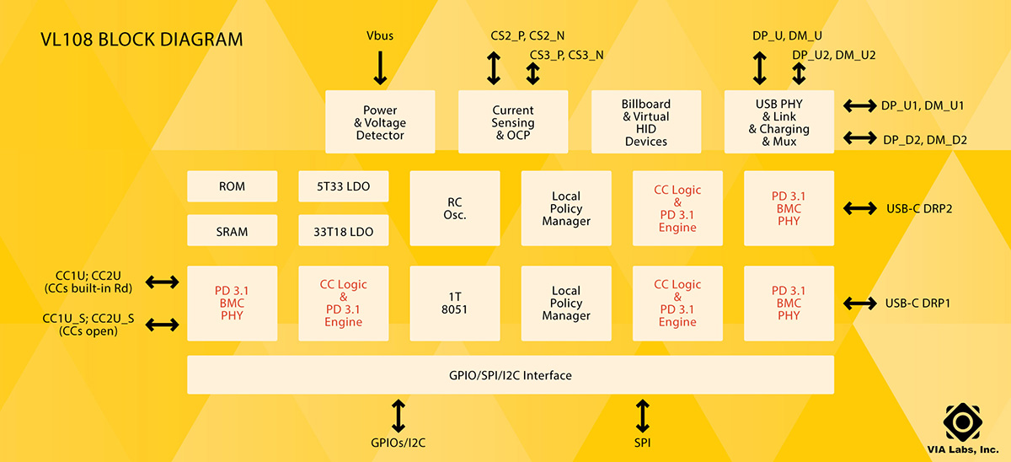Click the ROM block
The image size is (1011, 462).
click(232, 186)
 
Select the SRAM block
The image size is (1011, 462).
click(232, 230)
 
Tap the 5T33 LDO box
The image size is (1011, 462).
click(344, 186)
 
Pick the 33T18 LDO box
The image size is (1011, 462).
click(344, 230)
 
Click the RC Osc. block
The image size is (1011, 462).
click(455, 208)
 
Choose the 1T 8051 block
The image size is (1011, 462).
click(455, 303)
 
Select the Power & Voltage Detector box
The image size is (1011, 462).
click(380, 122)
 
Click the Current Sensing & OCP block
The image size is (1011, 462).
click(513, 122)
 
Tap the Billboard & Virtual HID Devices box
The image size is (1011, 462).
click(646, 122)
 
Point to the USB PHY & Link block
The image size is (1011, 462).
click(778, 122)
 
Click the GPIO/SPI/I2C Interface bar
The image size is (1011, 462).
click(511, 375)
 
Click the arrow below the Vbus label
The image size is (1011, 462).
click(380, 67)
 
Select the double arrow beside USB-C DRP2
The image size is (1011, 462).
click(860, 208)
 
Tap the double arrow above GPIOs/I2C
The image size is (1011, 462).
click(399, 416)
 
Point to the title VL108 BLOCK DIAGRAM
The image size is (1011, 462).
click(142, 40)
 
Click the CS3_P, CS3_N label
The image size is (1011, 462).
click(566, 55)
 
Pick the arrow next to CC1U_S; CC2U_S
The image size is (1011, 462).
click(163, 325)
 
